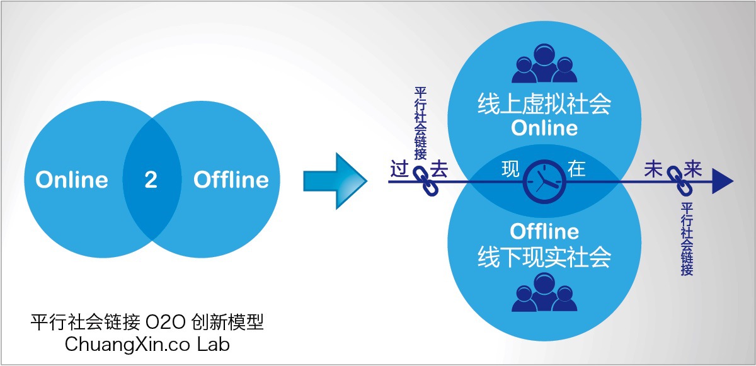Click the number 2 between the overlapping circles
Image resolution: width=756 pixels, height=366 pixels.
pyautogui.click(x=151, y=180)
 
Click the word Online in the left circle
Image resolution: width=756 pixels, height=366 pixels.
pyautogui.click(x=72, y=180)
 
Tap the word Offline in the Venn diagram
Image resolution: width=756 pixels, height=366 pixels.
pyautogui.click(x=231, y=180)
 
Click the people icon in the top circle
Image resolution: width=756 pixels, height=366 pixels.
pyautogui.click(x=544, y=64)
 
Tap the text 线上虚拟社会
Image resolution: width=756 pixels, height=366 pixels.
pyautogui.click(x=544, y=104)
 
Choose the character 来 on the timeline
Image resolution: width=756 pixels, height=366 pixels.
pyautogui.click(x=692, y=169)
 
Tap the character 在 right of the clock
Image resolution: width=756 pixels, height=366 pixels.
pyautogui.click(x=576, y=169)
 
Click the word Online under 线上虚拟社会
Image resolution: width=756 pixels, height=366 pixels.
pyautogui.click(x=544, y=128)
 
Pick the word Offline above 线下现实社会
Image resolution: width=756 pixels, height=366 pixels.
pyautogui.click(x=544, y=232)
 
